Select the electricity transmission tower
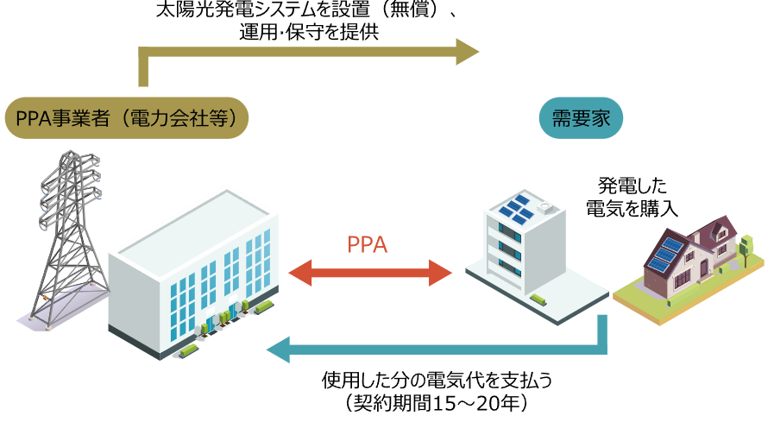click(x=64, y=237)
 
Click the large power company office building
click(x=194, y=276)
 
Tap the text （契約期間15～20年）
click(x=435, y=403)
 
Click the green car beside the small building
click(x=539, y=299)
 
